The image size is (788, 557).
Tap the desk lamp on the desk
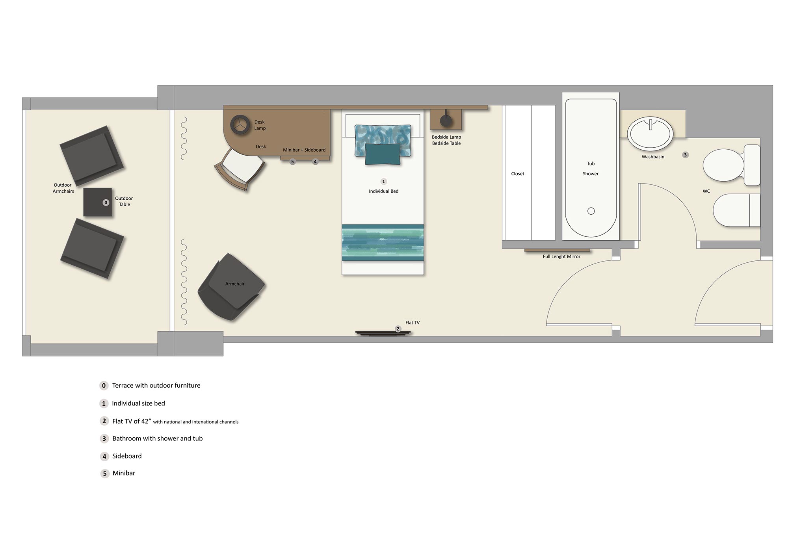coord(240,125)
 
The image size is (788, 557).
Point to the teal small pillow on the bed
coord(383,154)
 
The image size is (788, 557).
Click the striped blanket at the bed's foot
coord(383,242)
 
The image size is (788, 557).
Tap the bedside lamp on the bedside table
coord(446,120)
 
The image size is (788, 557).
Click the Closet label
coord(517,174)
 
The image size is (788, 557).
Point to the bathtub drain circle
coord(591,211)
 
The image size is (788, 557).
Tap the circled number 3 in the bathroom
coord(685,155)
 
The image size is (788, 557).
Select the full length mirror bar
coord(557,250)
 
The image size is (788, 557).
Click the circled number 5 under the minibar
coord(292,162)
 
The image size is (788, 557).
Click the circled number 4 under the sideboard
coord(315,162)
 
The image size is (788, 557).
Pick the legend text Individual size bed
coord(138,403)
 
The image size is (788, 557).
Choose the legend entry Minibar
coord(124,473)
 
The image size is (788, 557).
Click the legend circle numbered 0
coord(104,386)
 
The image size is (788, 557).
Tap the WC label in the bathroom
coord(706,191)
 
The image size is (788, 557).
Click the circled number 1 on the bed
coord(383,182)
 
